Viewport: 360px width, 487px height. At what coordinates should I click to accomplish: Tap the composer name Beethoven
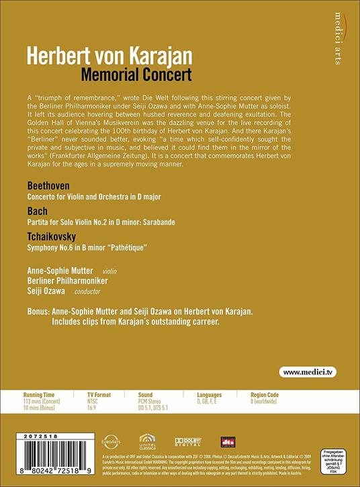[49, 185]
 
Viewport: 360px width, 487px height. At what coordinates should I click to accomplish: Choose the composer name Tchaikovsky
[54, 237]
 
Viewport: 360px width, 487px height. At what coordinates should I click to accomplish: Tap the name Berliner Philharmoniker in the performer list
[69, 279]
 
